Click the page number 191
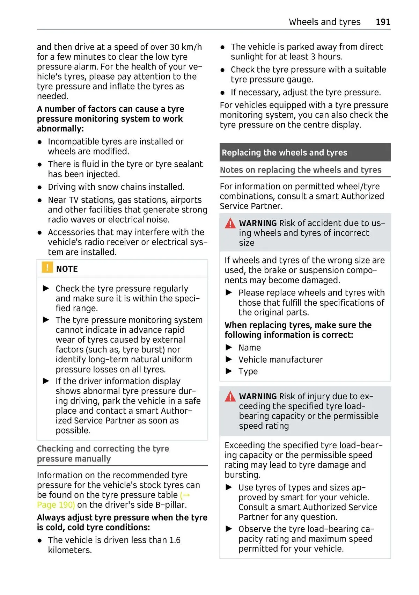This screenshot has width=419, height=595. (x=383, y=22)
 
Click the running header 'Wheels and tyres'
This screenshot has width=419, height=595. (x=324, y=22)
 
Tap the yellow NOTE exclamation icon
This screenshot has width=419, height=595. (x=47, y=268)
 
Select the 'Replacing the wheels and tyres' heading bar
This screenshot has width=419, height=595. (x=305, y=152)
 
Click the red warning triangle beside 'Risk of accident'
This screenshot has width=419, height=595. (x=230, y=223)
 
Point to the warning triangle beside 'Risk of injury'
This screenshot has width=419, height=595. (x=230, y=397)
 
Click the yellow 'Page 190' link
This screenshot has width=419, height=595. (x=56, y=505)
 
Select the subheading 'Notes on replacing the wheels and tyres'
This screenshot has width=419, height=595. (x=300, y=170)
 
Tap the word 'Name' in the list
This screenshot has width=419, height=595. (x=249, y=348)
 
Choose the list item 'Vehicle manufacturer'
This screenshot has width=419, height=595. (x=280, y=360)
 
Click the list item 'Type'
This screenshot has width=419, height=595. (x=248, y=371)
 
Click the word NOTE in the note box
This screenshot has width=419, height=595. (x=67, y=269)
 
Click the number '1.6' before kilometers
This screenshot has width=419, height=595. (x=175, y=540)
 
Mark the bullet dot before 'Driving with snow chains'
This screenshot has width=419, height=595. (x=40, y=187)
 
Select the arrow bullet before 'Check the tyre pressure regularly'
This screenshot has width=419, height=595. (x=46, y=288)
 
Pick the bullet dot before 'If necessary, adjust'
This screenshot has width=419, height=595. (x=223, y=93)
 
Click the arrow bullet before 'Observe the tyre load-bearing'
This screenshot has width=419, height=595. (x=229, y=529)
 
